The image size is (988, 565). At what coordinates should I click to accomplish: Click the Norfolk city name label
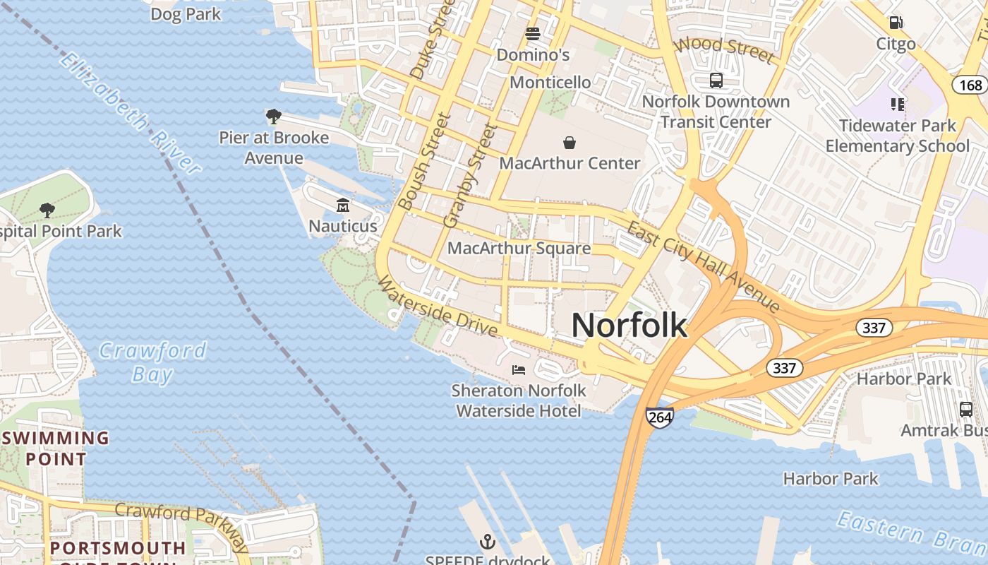tap(629, 326)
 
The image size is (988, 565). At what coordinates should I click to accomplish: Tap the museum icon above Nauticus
tap(343, 206)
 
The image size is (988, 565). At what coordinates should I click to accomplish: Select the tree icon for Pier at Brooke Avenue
tap(273, 117)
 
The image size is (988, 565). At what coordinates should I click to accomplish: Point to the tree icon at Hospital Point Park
tap(47, 210)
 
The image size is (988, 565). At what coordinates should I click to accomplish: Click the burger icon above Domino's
tap(533, 34)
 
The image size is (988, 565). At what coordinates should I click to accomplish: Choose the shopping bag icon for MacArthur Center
tap(570, 143)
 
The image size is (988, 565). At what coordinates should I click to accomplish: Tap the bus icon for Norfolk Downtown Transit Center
tap(716, 81)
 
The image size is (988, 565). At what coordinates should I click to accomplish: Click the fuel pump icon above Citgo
tap(896, 23)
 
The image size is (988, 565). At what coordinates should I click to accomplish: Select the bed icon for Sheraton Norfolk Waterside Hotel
tap(519, 369)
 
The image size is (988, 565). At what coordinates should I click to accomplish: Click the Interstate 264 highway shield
tap(659, 417)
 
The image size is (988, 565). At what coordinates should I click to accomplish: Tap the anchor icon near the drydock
tap(487, 542)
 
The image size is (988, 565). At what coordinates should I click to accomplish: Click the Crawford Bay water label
tap(152, 362)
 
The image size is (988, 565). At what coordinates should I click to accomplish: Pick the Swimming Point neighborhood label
tap(56, 448)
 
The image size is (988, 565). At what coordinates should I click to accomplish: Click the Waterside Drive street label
tap(438, 306)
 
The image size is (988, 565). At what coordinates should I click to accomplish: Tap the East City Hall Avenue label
tap(704, 266)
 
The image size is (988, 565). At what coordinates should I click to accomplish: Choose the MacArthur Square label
tap(519, 249)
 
